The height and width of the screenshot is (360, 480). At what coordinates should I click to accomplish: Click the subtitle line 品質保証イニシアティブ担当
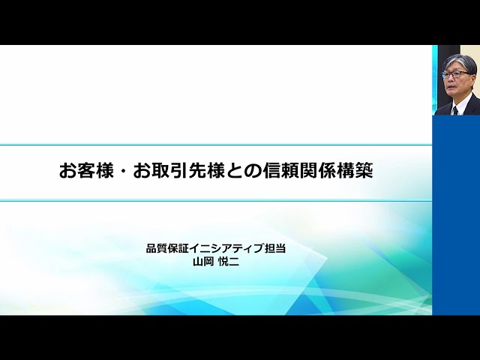(216, 249)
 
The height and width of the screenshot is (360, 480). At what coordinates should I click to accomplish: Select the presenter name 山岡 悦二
(216, 262)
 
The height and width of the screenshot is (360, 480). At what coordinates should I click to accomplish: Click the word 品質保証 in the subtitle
(169, 249)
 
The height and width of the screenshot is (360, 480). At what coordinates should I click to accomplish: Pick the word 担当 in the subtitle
(275, 249)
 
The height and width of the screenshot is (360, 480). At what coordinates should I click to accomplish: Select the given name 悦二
(229, 262)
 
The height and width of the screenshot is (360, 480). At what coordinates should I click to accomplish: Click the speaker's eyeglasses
(456, 74)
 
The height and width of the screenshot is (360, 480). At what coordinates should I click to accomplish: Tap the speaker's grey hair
(458, 61)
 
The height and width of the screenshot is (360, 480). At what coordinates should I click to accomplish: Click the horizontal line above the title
(216, 145)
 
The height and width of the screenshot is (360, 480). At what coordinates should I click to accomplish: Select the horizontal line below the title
(216, 201)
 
